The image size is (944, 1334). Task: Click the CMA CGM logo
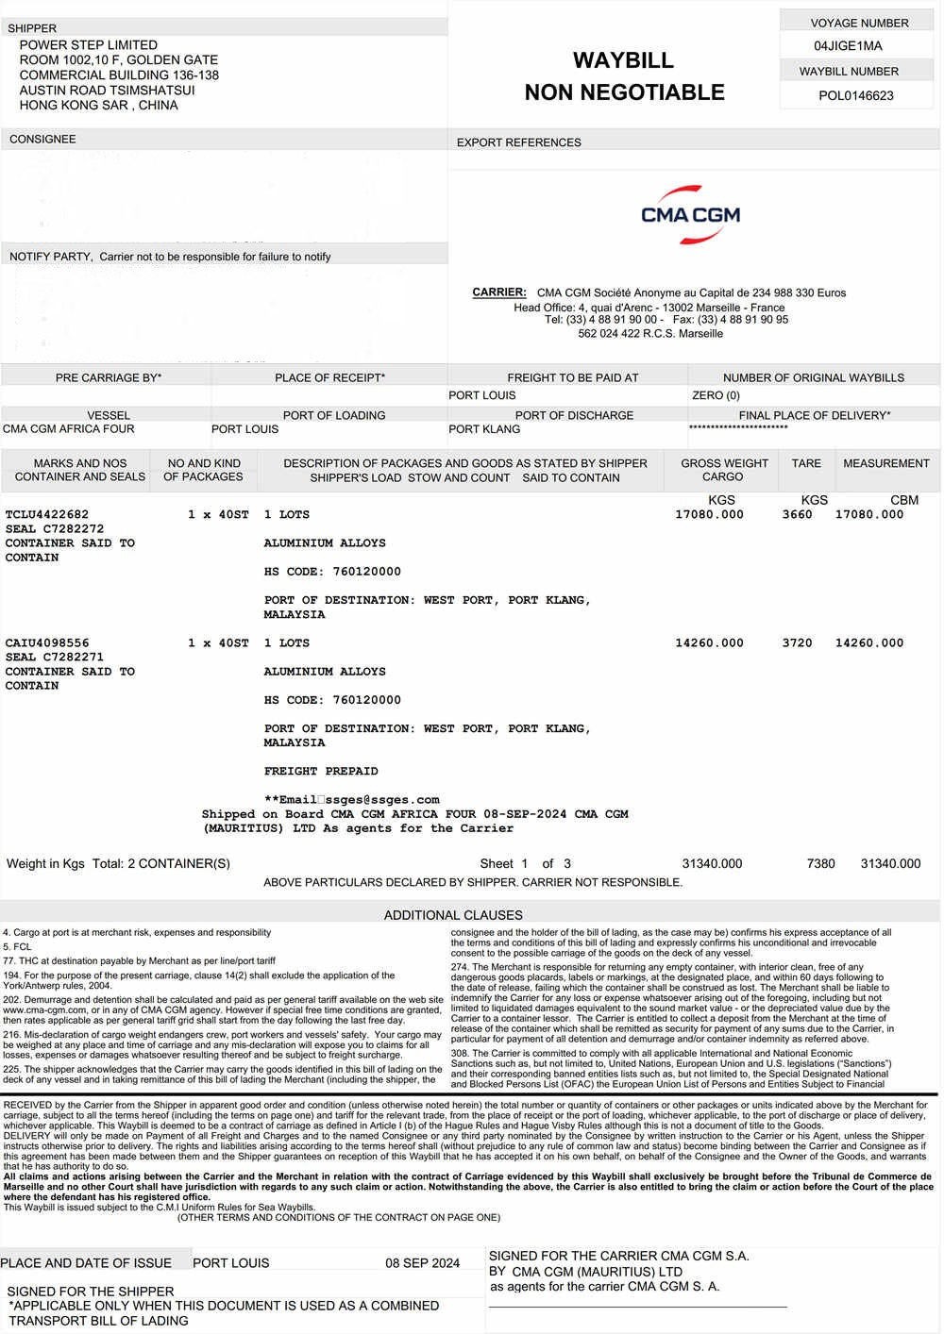[x=690, y=214]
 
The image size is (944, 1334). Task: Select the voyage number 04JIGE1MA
[x=847, y=46]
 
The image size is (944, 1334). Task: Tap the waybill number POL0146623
[x=855, y=95]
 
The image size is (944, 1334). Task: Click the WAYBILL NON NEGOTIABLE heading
[x=624, y=76]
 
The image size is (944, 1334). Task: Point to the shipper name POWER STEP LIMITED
[x=88, y=45]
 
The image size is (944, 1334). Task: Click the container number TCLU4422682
[x=47, y=514]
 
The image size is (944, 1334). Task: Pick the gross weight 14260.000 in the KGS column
[x=709, y=643]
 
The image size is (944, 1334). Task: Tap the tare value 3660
[x=797, y=514]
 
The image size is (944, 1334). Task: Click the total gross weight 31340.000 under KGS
[x=712, y=863]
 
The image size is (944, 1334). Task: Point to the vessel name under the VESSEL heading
[x=68, y=429]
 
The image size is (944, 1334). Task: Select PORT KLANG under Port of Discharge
[x=483, y=429]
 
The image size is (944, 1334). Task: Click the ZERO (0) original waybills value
[x=716, y=395]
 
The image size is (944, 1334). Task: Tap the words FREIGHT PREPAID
[x=321, y=771]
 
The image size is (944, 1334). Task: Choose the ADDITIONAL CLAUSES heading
[x=453, y=915]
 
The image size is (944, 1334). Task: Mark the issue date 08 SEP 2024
[x=422, y=1263]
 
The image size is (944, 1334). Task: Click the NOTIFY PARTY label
[x=50, y=257]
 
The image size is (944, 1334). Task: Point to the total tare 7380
[x=820, y=863]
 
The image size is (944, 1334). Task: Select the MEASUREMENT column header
[x=885, y=463]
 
